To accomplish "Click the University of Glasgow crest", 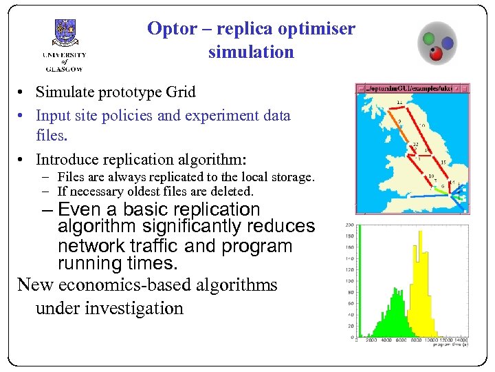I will [x=65, y=34].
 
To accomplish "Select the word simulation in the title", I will [x=251, y=52].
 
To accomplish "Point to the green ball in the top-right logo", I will [x=429, y=38].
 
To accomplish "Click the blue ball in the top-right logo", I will [x=447, y=43].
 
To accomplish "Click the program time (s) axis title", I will [x=449, y=346].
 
